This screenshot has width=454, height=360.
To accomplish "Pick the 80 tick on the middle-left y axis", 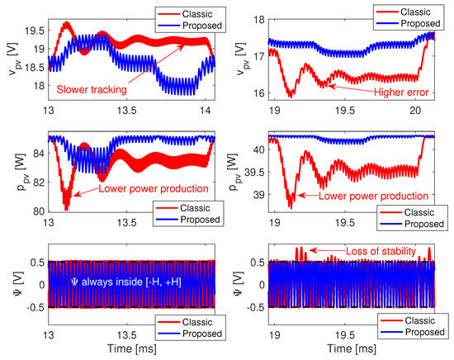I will pos(36,212).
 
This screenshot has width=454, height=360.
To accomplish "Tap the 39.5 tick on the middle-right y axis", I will pos(252,172).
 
